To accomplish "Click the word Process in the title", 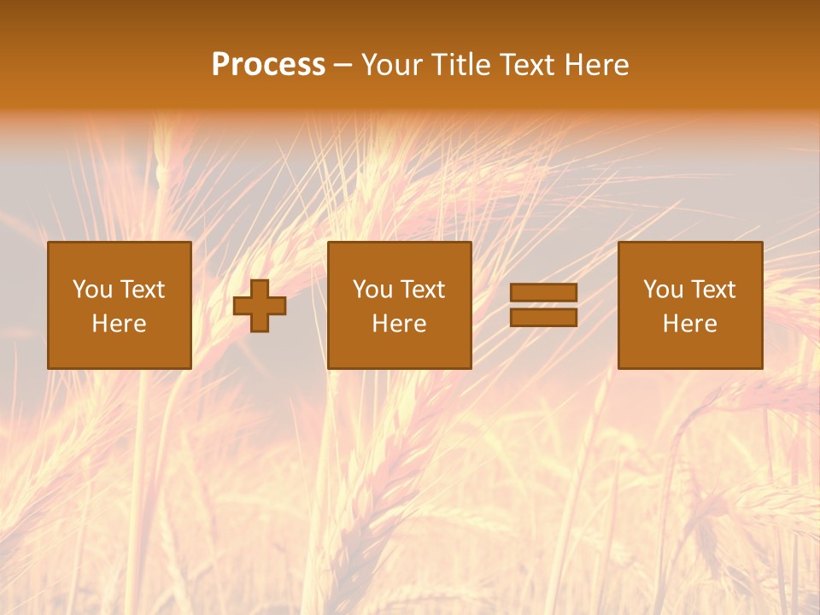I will (x=268, y=65).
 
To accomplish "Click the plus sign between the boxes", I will (x=260, y=306).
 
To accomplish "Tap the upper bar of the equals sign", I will (x=543, y=293).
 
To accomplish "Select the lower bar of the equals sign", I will (x=543, y=318).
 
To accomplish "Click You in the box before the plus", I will (x=92, y=290).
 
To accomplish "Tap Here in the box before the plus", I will (x=120, y=324).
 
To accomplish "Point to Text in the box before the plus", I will (x=142, y=290).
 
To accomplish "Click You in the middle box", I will (x=372, y=290).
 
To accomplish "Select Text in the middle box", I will (x=422, y=290).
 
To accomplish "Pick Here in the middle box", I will (x=400, y=324).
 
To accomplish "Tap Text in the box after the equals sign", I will (x=712, y=290).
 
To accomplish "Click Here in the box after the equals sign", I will (x=690, y=324).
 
